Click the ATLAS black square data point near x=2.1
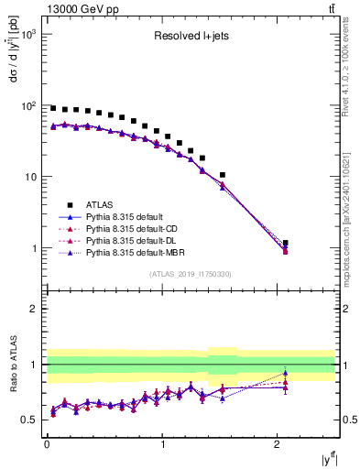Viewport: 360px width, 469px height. [286, 243]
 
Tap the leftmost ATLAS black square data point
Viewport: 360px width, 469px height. [53, 108]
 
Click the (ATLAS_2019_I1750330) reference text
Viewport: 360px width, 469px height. [191, 273]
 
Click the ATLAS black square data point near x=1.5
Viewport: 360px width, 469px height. [223, 174]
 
